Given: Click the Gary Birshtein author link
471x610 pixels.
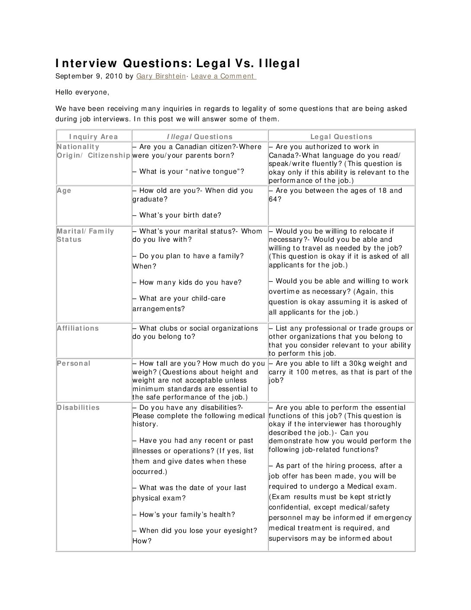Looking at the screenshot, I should (161, 76).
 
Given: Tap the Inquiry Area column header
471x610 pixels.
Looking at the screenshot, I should (94, 137).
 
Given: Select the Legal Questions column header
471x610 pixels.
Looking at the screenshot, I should (341, 137).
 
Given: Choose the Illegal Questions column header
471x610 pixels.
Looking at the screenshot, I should (200, 137).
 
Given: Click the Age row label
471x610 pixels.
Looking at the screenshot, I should (64, 191).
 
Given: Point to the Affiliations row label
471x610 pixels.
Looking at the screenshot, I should (78, 328).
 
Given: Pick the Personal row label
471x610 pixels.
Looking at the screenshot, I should (74, 363).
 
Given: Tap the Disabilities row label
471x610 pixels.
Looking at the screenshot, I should (78, 408).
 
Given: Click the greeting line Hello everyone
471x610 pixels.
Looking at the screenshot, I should (82, 92).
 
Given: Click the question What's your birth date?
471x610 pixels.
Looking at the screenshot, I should (180, 215).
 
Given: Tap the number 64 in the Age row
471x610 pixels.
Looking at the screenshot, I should (274, 199).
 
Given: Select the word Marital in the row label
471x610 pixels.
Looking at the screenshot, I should (71, 231).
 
